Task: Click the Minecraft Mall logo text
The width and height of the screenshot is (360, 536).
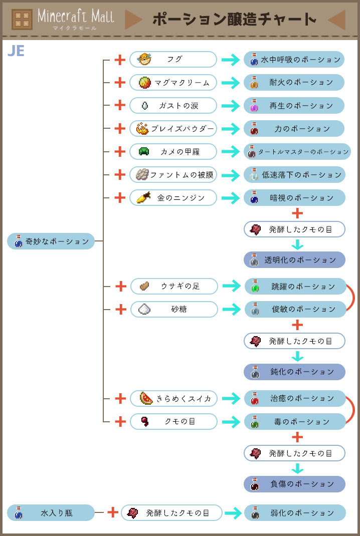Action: pyautogui.click(x=76, y=17)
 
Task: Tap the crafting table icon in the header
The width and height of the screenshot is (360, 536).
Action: pyautogui.click(x=22, y=20)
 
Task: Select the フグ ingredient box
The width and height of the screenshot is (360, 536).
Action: pyautogui.click(x=173, y=59)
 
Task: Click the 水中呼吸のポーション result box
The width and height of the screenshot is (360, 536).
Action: pyautogui.click(x=294, y=60)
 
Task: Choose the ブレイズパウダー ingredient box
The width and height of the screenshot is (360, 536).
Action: pyautogui.click(x=173, y=129)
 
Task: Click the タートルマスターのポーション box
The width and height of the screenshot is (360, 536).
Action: pyautogui.click(x=297, y=151)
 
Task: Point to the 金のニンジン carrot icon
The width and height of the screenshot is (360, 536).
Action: pyautogui.click(x=144, y=197)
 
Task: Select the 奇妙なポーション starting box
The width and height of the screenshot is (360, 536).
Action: pyautogui.click(x=51, y=241)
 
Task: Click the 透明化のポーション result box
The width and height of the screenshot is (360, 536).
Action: pyautogui.click(x=294, y=260)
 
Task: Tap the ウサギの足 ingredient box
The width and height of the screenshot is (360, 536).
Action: pyautogui.click(x=173, y=286)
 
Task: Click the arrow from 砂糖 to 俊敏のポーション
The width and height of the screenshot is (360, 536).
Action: pyautogui.click(x=231, y=309)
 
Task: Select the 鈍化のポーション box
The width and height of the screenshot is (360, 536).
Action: pyautogui.click(x=294, y=372)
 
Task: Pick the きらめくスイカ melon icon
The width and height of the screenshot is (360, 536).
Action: pyautogui.click(x=146, y=398)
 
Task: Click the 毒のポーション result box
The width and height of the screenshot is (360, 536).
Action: pyautogui.click(x=294, y=422)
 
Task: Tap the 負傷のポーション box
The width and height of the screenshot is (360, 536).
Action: pyautogui.click(x=294, y=484)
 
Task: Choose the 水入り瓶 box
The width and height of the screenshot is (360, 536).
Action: pyautogui.click(x=51, y=513)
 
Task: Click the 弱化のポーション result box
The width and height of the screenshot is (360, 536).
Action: pyautogui.click(x=294, y=513)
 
